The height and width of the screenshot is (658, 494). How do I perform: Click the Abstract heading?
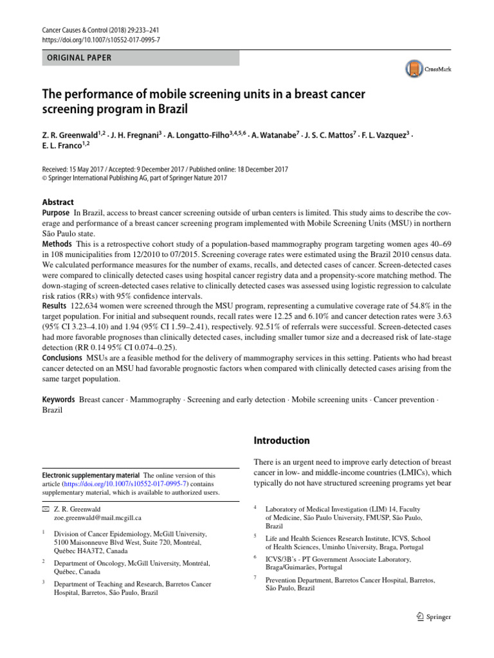[58, 202]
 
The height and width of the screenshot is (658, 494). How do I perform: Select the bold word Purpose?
[56, 213]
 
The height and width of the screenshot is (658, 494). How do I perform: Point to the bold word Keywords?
[59, 400]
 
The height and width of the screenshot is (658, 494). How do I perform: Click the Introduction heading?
[282, 440]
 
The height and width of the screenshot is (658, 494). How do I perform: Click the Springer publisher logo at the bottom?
[434, 617]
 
